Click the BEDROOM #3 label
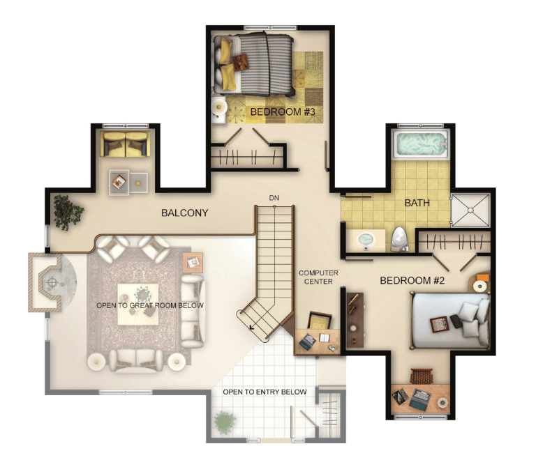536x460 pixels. (283, 112)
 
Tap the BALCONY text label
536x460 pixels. (184, 213)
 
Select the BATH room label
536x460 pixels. (417, 203)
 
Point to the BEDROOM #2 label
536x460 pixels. (412, 280)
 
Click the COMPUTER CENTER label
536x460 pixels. (318, 277)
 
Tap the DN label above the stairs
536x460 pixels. (274, 198)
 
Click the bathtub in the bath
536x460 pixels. (420, 144)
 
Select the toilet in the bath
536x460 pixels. (399, 238)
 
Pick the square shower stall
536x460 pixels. (470, 210)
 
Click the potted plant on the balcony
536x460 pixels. (68, 213)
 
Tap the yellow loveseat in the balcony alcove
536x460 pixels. (126, 144)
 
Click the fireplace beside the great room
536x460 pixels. (48, 282)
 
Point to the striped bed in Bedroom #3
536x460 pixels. (253, 64)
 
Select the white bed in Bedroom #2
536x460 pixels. (451, 320)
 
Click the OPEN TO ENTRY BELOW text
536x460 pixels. (265, 392)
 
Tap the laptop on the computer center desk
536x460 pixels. (308, 342)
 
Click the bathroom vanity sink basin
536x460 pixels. (366, 239)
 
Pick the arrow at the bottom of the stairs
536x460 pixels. (251, 328)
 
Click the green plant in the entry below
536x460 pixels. (225, 422)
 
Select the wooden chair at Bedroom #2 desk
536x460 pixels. (422, 376)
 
